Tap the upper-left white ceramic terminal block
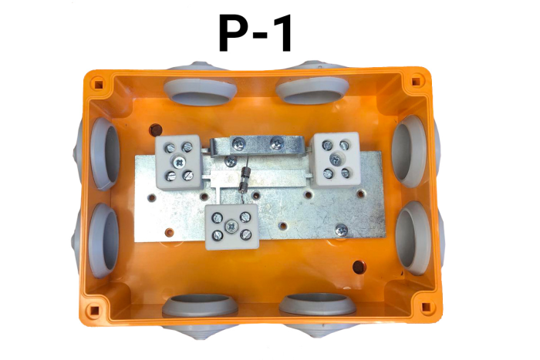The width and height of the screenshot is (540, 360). click(178, 162)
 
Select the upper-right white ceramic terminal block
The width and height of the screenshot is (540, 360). click(336, 159)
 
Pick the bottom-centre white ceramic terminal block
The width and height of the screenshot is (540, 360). click(231, 227)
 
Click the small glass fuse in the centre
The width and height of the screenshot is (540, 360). click(245, 180)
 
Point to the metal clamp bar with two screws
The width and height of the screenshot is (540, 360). click(258, 146)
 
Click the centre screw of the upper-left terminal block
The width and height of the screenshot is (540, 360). click(179, 162)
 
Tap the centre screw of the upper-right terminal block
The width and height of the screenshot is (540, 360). click(336, 159)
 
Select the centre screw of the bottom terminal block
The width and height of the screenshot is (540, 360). click(231, 227)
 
